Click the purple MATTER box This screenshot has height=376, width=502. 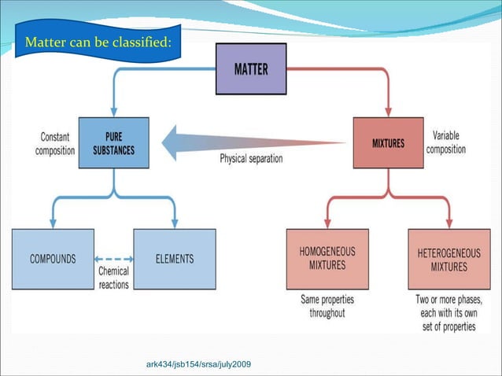(251, 69)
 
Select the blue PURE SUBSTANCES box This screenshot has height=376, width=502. (113, 143)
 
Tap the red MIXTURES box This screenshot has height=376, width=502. (388, 144)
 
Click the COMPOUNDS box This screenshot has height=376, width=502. (53, 259)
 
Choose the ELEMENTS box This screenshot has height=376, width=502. (175, 259)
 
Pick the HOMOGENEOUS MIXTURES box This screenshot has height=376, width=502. (327, 259)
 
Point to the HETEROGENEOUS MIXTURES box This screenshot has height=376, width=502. (448, 259)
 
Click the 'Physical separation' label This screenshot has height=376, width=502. (251, 158)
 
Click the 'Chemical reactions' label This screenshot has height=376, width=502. (114, 278)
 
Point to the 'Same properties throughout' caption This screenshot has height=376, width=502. (327, 306)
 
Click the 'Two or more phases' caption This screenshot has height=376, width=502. (448, 312)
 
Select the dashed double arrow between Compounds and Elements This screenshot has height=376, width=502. (113, 259)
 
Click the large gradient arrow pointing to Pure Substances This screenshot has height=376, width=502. (252, 142)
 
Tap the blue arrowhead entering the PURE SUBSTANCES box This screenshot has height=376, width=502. (113, 112)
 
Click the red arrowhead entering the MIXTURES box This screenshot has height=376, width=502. (388, 111)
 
